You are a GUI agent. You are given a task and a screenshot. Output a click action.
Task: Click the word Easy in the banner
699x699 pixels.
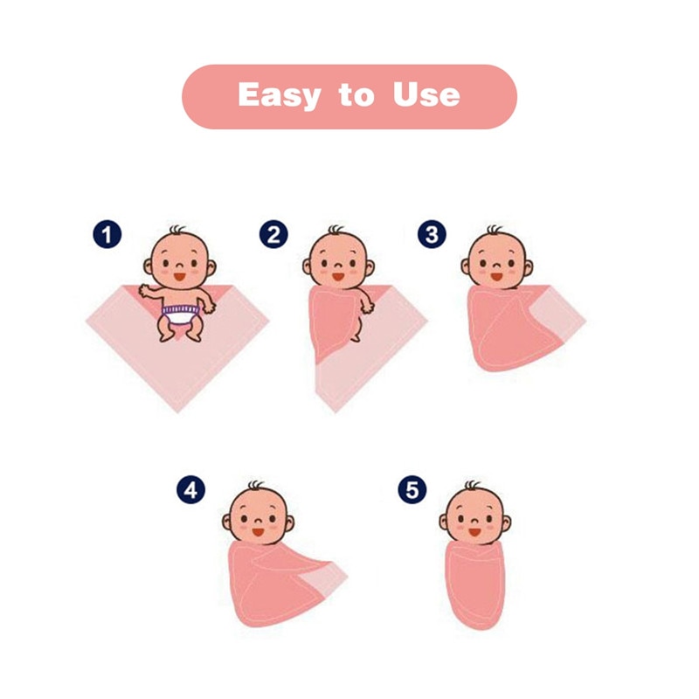coord(279,95)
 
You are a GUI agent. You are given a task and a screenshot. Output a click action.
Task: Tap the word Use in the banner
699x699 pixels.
coord(426,94)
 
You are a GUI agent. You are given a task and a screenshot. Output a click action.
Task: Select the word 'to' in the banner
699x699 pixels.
coord(356,95)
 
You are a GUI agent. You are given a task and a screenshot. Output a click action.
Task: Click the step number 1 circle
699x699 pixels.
coord(107,234)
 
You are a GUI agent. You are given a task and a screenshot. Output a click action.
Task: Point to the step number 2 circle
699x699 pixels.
coord(273,234)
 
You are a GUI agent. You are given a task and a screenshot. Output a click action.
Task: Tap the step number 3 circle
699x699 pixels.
coord(432,234)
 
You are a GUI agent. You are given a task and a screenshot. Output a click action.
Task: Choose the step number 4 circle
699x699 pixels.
coord(190,490)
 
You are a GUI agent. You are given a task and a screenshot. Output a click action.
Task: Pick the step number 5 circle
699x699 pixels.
coord(412,489)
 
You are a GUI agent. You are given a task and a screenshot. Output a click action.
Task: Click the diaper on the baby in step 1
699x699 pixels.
coord(181,315)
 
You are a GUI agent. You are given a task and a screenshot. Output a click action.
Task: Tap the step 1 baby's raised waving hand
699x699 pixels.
coord(145,290)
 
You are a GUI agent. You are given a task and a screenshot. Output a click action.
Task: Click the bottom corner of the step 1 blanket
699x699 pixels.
coord(177,412)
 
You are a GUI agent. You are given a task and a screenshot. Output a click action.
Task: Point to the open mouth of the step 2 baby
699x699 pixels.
coord(338,277)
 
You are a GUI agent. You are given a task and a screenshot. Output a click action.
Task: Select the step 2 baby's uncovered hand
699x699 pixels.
coord(368,308)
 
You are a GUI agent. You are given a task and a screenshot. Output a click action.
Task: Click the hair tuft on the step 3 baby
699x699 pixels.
coord(494,230)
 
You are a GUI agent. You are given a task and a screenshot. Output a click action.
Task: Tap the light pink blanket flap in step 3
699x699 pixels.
coord(560,315)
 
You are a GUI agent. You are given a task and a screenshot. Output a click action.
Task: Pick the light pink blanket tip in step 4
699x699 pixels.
coord(324,578)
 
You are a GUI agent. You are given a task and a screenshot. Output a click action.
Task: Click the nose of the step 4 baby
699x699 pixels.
coord(257,521)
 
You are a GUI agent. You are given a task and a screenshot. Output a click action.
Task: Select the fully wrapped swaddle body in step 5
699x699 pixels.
coord(475,585)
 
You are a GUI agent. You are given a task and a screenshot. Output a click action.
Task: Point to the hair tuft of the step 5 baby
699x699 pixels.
coord(472,485)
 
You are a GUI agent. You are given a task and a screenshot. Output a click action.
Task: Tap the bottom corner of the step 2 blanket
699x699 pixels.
coord(335,411)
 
